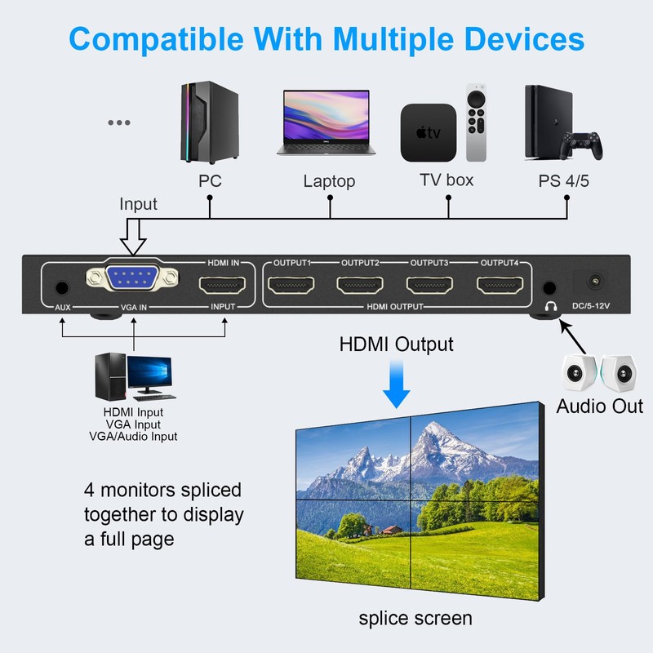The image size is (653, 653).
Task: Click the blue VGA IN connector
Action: [131, 279]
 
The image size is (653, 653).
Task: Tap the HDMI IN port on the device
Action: [224, 287]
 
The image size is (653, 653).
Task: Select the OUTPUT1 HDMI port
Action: [293, 287]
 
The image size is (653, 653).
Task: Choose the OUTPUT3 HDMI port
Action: [431, 287]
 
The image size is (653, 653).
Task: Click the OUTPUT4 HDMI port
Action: [500, 287]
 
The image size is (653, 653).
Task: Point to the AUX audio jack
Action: [61, 288]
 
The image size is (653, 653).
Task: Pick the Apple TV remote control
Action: [476, 122]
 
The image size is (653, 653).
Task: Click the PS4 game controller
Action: [585, 148]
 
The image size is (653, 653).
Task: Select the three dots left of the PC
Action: [119, 123]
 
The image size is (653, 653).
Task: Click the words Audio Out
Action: [600, 406]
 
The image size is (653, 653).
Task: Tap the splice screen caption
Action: [415, 618]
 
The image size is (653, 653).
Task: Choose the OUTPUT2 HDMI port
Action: [362, 287]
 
